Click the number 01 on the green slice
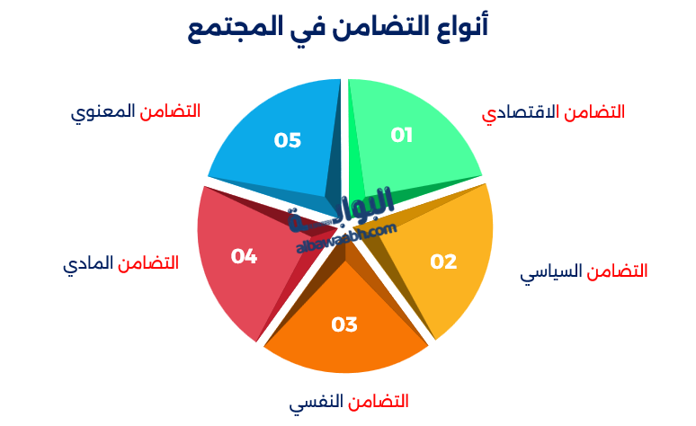click(401, 135)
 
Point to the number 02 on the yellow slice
click(443, 262)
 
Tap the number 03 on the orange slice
click(344, 324)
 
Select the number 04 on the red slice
click(244, 256)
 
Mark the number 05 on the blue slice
click(288, 140)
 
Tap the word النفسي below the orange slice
click(317, 402)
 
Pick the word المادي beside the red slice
click(88, 264)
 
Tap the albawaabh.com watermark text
click(345, 236)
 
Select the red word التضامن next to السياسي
click(618, 271)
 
